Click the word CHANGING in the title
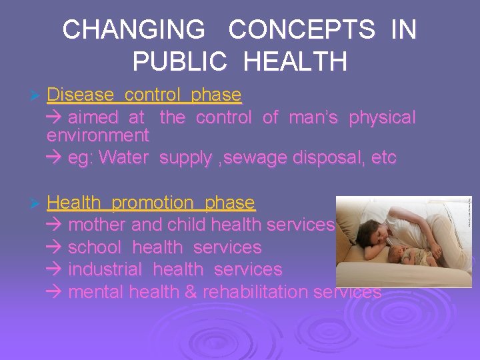pyautogui.click(x=134, y=30)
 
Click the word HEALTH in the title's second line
pyautogui.click(x=295, y=61)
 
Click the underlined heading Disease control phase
pyautogui.click(x=144, y=95)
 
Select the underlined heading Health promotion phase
pyautogui.click(x=151, y=202)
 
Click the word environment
pyautogui.click(x=98, y=136)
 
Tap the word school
pyautogui.click(x=95, y=247)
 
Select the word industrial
pyautogui.click(x=105, y=270)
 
